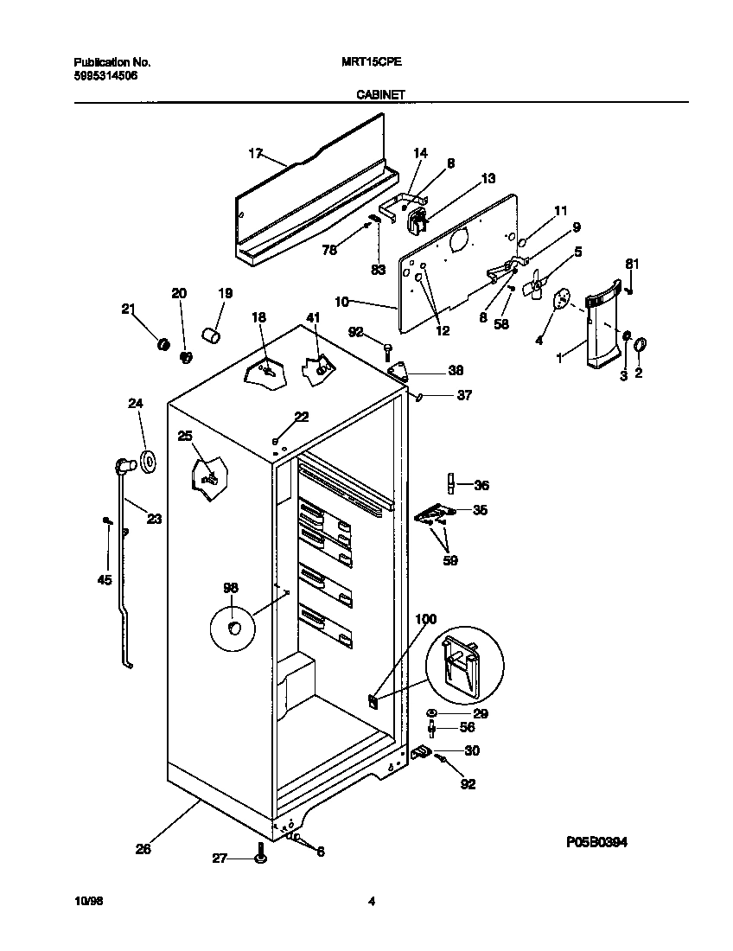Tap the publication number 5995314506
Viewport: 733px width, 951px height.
105,76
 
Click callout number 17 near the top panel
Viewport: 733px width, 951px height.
255,153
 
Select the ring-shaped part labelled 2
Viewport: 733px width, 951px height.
641,347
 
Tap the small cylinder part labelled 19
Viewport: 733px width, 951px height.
211,334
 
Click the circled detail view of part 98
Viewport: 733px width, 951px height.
233,626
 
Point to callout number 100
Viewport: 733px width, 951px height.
426,619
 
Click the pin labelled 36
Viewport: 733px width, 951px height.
450,484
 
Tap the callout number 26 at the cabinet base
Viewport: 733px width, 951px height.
143,849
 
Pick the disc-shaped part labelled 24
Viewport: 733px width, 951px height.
148,462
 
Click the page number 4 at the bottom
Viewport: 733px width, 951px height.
372,902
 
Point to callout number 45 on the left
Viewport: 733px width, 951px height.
105,579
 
